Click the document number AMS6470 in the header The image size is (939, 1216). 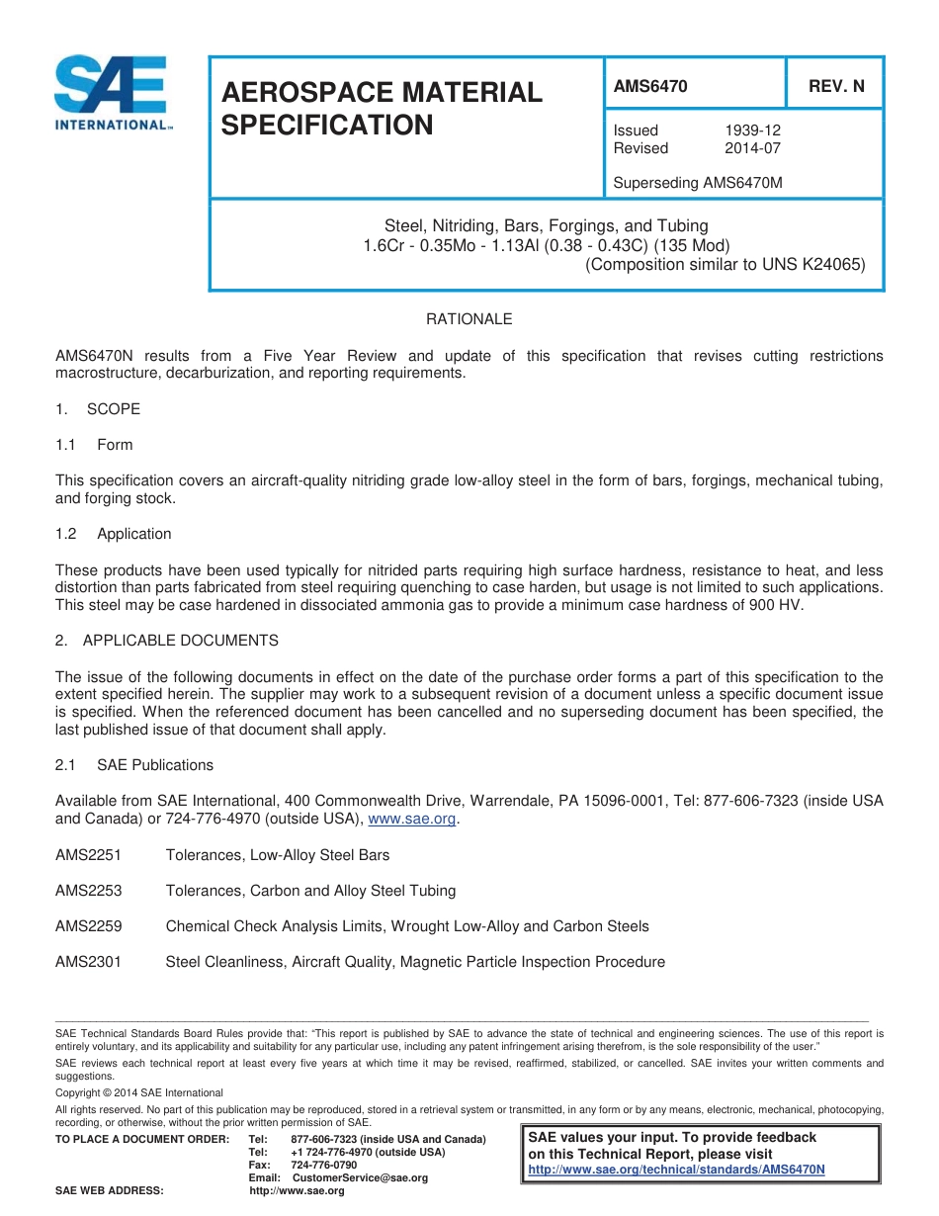[649, 87]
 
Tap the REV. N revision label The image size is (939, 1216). [835, 87]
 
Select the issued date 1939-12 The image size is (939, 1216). [752, 130]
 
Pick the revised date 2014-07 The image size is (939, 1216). [752, 148]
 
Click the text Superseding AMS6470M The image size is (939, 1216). [698, 183]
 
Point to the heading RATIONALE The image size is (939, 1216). [469, 319]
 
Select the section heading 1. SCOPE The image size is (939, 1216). [98, 409]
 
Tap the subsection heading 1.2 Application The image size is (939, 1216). [114, 534]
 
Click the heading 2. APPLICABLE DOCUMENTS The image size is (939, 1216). [166, 641]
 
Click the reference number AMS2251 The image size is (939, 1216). [88, 855]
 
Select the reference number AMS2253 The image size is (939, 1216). [88, 891]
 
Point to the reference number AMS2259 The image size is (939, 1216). [88, 926]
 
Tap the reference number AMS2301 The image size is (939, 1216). [88, 962]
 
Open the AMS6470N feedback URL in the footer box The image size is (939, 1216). [676, 1170]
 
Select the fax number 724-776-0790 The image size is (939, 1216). [324, 1166]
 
